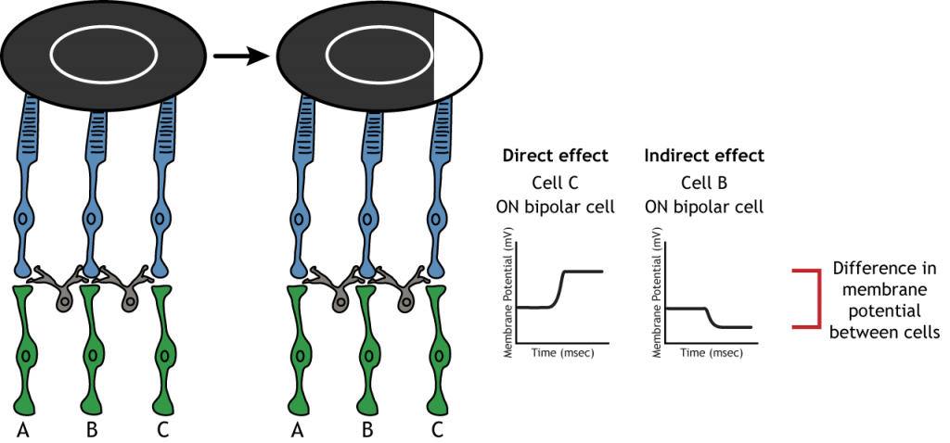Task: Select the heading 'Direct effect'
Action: click(555, 156)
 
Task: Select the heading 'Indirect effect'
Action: click(704, 156)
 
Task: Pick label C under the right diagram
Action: click(438, 429)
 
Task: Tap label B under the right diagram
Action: click(367, 429)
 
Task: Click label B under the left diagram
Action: click(92, 429)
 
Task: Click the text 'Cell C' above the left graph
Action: click(555, 182)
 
